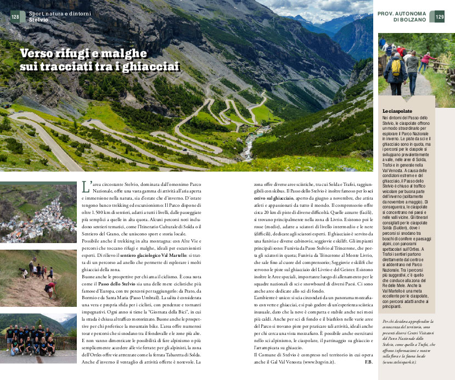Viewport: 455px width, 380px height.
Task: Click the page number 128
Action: (15, 16)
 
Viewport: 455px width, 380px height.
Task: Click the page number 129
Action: (440, 17)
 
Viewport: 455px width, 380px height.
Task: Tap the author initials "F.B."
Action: (369, 361)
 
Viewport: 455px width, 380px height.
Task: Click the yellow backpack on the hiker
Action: (395, 67)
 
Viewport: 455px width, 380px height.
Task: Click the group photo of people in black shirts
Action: (38, 337)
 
